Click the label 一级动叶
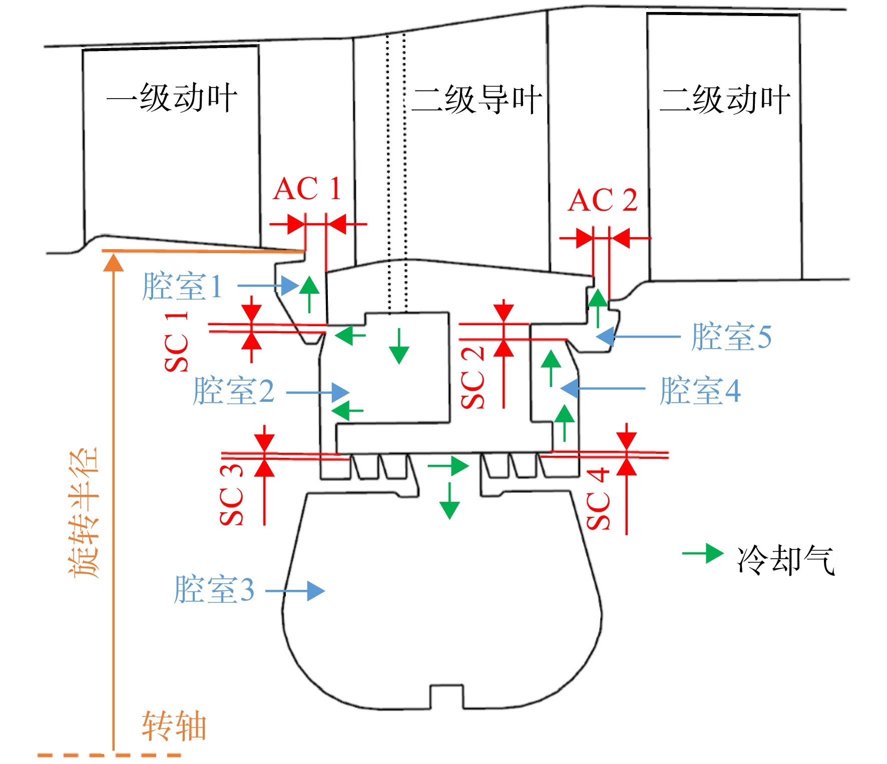tap(171, 98)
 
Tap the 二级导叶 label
tap(476, 100)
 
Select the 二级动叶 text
tap(724, 100)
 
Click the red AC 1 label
tap(307, 189)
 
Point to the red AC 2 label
tap(603, 200)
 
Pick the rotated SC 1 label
tap(177, 342)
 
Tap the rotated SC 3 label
tap(231, 494)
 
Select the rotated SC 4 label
tap(598, 499)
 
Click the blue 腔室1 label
tap(182, 286)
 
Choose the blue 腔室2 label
tap(234, 391)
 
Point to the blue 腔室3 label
tap(214, 589)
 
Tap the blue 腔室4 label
tap(700, 391)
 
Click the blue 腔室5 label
tap(731, 336)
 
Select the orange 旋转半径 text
tap(84, 513)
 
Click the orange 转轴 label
tap(174, 725)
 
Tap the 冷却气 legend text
tap(785, 560)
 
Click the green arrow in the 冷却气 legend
tap(703, 553)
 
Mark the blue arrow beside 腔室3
tap(295, 591)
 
